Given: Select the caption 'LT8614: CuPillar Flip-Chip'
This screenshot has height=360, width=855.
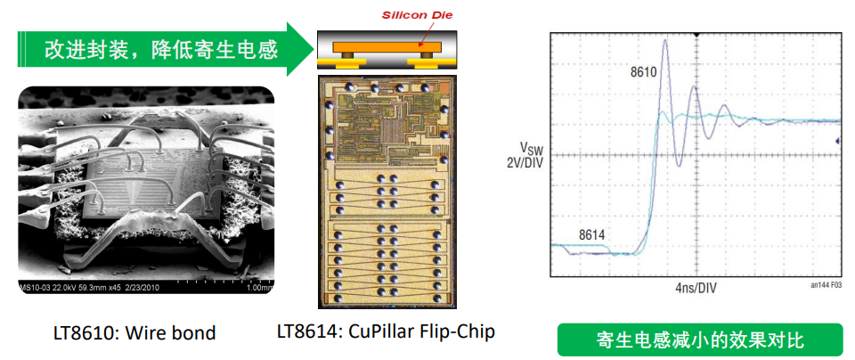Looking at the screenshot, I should pyautogui.click(x=386, y=331).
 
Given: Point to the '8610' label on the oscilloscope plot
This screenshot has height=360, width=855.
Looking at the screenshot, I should pyautogui.click(x=643, y=71).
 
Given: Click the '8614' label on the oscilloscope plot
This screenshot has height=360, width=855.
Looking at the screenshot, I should pyautogui.click(x=591, y=234).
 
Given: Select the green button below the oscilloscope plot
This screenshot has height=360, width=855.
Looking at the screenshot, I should pyautogui.click(x=698, y=340).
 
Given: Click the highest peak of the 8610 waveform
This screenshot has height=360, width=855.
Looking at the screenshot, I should pyautogui.click(x=664, y=40).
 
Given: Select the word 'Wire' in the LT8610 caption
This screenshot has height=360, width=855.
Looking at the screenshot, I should pyautogui.click(x=158, y=333).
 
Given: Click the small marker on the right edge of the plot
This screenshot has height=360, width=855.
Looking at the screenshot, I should pyautogui.click(x=837, y=141).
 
